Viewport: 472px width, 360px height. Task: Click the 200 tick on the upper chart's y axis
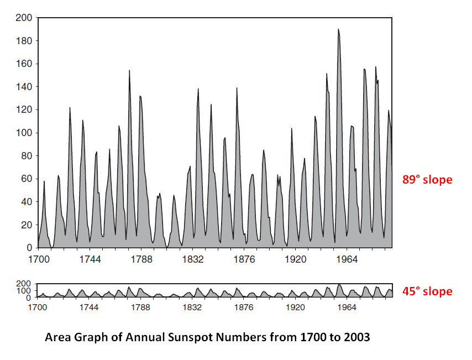(24, 18)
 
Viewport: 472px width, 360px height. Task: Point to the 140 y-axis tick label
(24, 87)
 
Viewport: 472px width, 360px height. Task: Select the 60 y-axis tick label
(26, 179)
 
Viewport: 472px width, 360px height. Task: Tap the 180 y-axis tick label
(24, 41)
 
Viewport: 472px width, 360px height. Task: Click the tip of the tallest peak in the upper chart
(338, 29)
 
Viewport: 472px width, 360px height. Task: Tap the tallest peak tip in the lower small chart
(338, 284)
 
